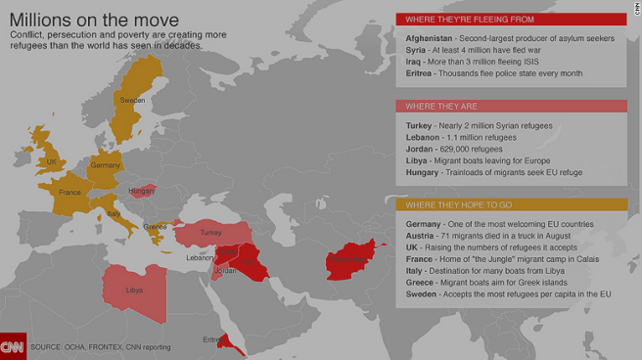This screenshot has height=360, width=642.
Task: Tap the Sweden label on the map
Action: tap(132, 101)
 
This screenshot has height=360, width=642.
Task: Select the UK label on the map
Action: tap(52, 162)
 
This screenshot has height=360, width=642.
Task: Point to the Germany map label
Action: tap(105, 166)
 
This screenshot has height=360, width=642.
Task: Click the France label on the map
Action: tap(69, 193)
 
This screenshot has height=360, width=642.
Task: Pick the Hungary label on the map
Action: tap(142, 191)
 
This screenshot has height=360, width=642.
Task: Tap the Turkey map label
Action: tap(210, 233)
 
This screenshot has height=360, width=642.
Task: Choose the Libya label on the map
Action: tap(135, 291)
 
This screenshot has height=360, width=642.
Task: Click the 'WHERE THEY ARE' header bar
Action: tap(437, 106)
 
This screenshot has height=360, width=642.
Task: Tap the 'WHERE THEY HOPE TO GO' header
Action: tap(454, 204)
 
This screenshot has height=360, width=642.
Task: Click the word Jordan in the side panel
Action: tap(421, 150)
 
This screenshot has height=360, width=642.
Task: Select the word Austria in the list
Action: tap(421, 237)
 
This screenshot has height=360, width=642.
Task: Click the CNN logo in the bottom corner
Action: tap(13, 346)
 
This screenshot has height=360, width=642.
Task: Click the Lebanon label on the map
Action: tap(201, 257)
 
